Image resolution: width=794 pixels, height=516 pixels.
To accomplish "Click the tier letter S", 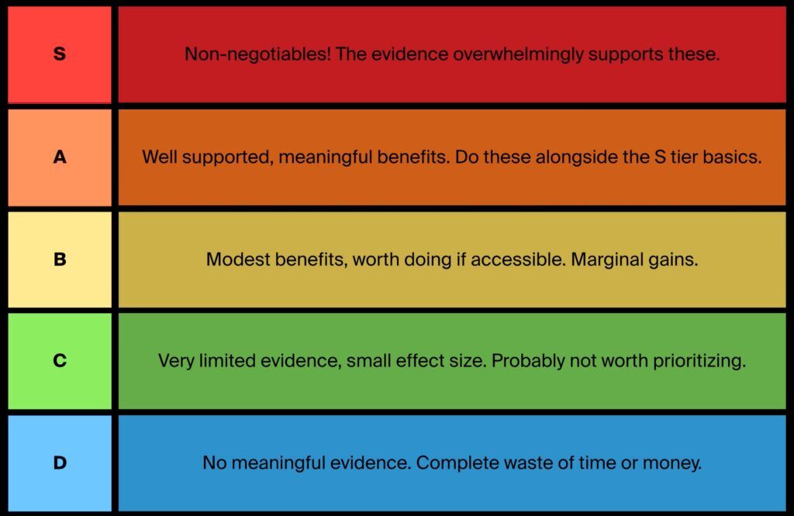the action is pyautogui.click(x=59, y=53).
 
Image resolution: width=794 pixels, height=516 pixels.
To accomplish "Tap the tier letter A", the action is pyautogui.click(x=60, y=157).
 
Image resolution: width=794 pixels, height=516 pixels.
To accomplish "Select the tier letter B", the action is pyautogui.click(x=60, y=259).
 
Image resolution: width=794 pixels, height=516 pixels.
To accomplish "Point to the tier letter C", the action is pyautogui.click(x=60, y=360).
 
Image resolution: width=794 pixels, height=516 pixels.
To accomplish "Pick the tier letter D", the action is pyautogui.click(x=60, y=463).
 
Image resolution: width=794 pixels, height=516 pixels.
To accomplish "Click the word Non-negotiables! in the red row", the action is pyautogui.click(x=257, y=53).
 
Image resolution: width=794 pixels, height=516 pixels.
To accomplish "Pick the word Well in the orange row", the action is pyautogui.click(x=159, y=157).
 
